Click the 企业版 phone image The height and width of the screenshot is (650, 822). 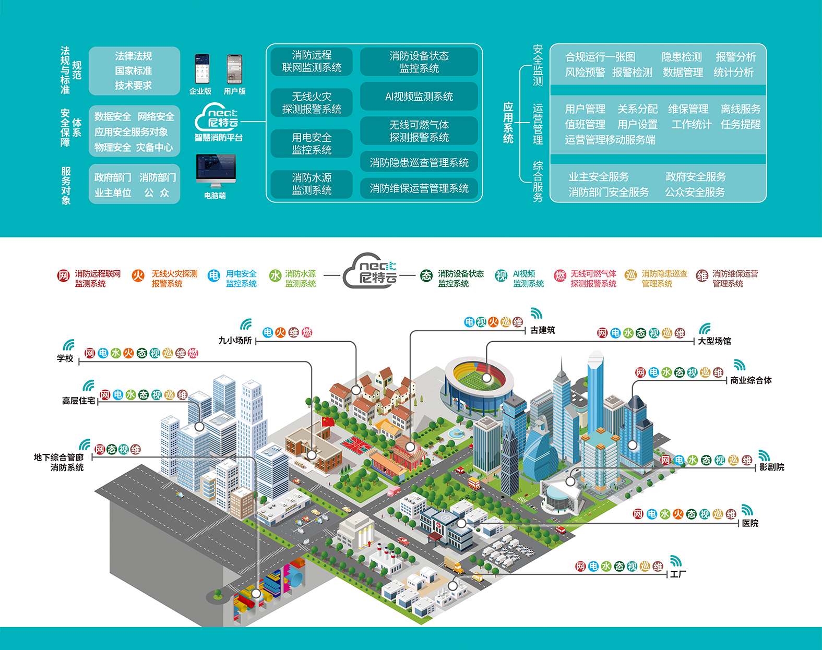click(202, 68)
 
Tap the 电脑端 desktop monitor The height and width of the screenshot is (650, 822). click(216, 170)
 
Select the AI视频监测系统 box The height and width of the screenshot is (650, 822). click(419, 97)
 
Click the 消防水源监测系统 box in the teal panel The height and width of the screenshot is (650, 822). click(312, 184)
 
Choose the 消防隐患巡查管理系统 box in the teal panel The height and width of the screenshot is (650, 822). click(419, 163)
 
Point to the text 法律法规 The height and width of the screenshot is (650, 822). click(134, 56)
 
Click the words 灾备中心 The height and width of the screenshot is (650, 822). click(154, 148)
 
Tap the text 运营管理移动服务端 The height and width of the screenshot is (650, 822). click(610, 140)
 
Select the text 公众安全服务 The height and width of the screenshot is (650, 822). click(695, 192)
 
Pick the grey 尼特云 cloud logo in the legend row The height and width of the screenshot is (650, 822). click(371, 271)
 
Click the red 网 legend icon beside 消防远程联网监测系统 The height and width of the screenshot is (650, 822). click(63, 276)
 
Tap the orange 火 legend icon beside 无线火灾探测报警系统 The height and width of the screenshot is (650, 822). click(138, 276)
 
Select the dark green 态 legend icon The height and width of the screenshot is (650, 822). click(426, 276)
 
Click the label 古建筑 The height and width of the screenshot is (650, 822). click(543, 330)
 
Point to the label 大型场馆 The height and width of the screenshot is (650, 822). click(714, 341)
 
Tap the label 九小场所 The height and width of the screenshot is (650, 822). click(235, 341)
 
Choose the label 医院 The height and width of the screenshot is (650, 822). click(750, 523)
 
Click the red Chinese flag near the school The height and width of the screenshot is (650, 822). click(327, 421)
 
